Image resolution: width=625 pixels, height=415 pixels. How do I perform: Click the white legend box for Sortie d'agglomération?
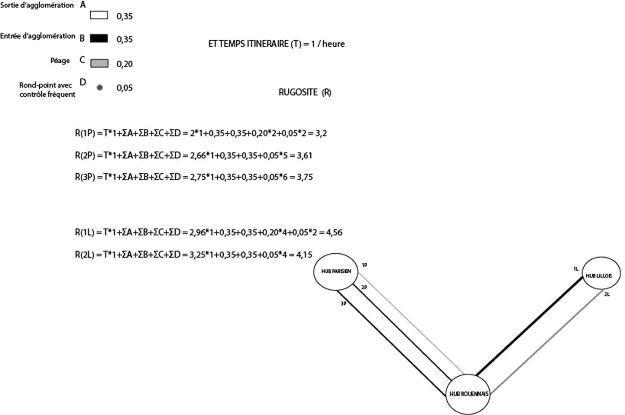coord(99,15)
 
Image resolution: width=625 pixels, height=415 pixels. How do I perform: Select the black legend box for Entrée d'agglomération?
coord(99,38)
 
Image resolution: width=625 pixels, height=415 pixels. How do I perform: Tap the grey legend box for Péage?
coord(99,63)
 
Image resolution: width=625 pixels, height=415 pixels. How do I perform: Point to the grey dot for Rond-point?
coord(100,87)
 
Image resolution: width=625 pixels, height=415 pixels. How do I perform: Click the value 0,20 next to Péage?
coord(125,64)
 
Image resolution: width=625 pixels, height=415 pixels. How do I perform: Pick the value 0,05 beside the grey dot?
coord(125,88)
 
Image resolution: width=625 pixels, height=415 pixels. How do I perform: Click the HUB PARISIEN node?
coord(336,271)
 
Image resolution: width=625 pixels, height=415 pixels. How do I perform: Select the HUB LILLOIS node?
coord(601,276)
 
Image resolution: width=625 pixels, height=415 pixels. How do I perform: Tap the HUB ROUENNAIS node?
coord(468,394)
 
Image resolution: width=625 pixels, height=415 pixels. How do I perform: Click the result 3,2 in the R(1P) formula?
coord(321,133)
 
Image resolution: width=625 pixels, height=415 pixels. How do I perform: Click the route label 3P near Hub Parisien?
coord(343,304)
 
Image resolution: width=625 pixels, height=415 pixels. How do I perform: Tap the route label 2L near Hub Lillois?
coord(607,294)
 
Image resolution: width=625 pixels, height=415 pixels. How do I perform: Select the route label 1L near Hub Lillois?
coord(576,269)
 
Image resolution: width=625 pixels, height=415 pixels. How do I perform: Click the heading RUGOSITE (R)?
coord(305,92)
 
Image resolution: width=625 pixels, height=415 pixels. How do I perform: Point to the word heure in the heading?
coord(333,44)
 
